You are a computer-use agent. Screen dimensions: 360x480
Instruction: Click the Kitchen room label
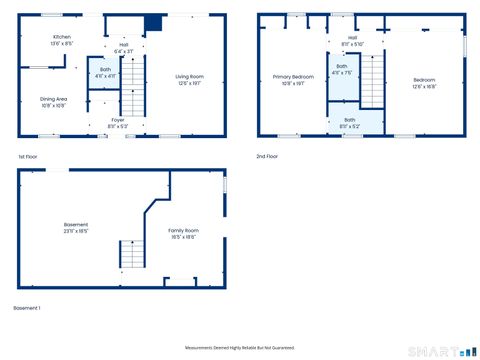pos(61,41)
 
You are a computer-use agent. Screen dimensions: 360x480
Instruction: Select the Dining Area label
pos(53,101)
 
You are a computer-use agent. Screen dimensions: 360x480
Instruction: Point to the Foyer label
pos(117,123)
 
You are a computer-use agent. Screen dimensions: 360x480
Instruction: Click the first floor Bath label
pos(105,73)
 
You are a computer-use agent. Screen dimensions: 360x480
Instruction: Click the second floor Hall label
pos(352,42)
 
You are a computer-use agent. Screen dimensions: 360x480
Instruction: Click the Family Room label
pos(183,233)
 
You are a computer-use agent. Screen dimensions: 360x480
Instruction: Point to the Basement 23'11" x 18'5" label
pos(76,227)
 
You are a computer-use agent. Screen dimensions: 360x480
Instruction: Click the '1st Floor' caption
pos(29,157)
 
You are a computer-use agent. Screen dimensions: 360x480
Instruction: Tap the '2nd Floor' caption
pos(267,157)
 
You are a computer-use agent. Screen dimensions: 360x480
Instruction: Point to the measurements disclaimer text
pos(241,347)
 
